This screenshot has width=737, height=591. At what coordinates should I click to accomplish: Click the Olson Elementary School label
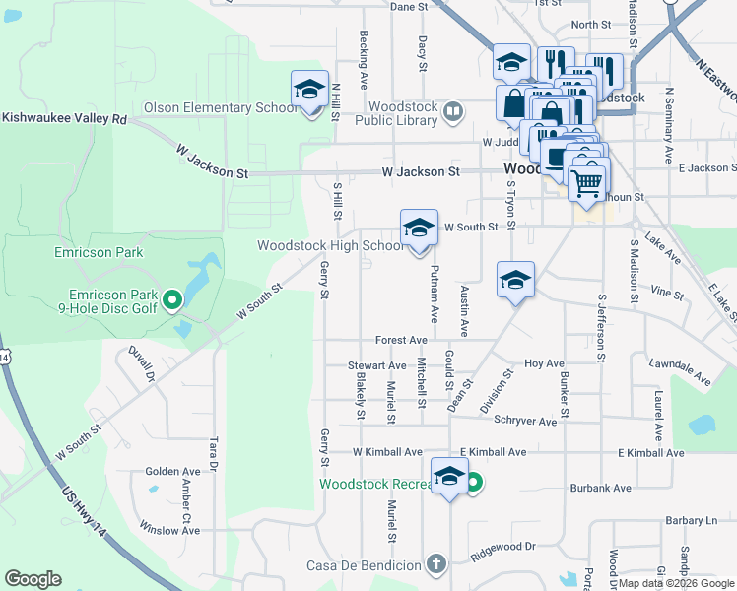click(x=220, y=107)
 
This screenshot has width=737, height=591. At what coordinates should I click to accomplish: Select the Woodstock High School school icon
click(x=419, y=230)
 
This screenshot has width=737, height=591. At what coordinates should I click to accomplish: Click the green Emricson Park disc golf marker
click(x=171, y=297)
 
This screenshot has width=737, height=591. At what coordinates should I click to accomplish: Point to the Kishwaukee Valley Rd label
click(x=65, y=118)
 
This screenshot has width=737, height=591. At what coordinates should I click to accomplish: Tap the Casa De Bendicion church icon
click(x=437, y=564)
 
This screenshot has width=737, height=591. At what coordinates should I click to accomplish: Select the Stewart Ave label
click(x=370, y=365)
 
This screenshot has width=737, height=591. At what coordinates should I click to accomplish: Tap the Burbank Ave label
click(x=600, y=488)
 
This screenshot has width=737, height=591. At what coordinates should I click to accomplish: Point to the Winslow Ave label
click(x=169, y=530)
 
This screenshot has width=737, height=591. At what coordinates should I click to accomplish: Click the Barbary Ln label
click(x=691, y=520)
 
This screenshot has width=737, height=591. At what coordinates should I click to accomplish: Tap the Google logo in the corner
click(x=33, y=579)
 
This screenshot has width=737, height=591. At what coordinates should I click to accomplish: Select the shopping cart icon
click(x=586, y=181)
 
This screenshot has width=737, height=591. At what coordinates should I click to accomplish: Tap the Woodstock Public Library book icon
click(x=452, y=112)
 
